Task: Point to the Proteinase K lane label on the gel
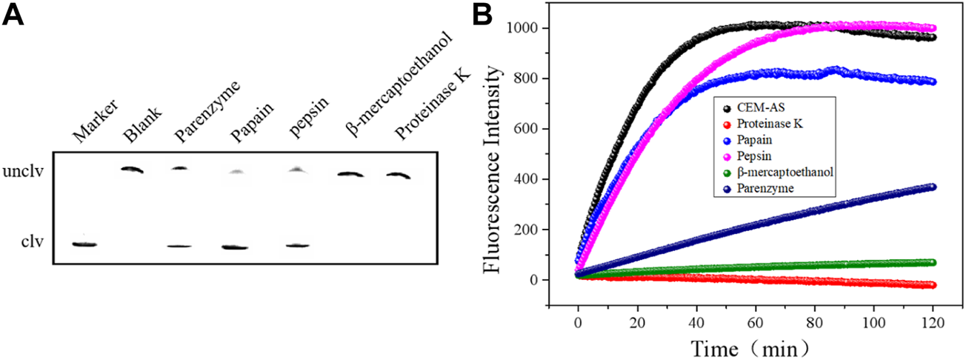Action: [421, 111]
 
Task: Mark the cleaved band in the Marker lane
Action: [84, 244]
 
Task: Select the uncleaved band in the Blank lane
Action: [133, 170]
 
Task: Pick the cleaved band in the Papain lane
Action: [236, 247]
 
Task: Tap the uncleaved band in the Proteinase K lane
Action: [399, 176]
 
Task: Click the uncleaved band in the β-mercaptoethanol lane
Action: [348, 175]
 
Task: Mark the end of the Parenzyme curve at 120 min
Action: [932, 187]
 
